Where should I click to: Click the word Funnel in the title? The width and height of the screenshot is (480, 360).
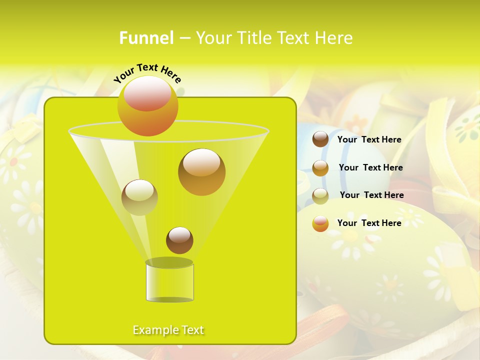tap(146, 38)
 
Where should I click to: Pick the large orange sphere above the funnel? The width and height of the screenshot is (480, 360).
tap(147, 105)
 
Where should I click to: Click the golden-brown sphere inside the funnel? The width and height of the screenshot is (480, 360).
tap(201, 172)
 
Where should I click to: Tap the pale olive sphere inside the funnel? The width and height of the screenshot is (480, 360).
tap(139, 197)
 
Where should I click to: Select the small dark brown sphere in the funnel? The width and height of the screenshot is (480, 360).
tap(179, 240)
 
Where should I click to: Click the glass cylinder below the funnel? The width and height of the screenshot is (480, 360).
tap(169, 283)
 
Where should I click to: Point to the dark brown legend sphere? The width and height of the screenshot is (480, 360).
tap(320, 139)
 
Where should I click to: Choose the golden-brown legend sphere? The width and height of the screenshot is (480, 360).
tap(320, 168)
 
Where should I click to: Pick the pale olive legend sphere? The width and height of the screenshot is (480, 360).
tap(320, 196)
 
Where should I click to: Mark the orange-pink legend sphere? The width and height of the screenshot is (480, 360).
tap(320, 223)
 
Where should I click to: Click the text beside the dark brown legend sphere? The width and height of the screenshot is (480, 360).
tap(369, 140)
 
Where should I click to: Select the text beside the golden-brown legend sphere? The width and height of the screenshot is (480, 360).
tap(370, 168)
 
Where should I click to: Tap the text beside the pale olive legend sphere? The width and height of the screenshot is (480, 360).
tap(371, 195)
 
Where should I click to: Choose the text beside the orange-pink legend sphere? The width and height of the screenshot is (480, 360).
tap(369, 223)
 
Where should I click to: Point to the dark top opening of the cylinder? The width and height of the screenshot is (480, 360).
tap(169, 262)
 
